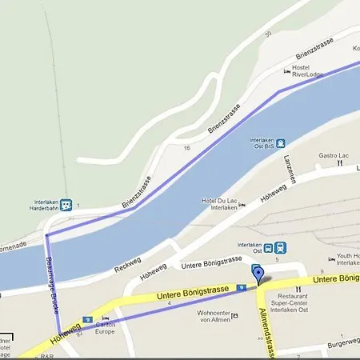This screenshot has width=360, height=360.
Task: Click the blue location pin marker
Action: pyautogui.click(x=258, y=276)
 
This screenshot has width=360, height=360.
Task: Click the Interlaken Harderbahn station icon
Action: pyautogui.click(x=66, y=205)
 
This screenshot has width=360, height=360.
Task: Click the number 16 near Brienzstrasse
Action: pyautogui.click(x=186, y=149)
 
